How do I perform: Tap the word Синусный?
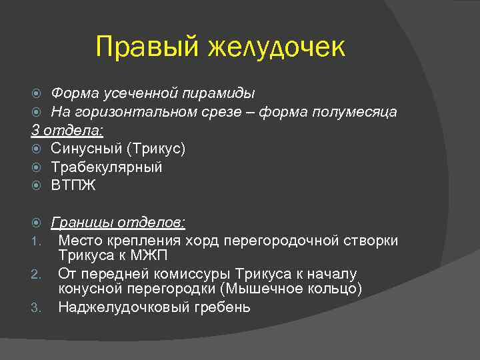coord(84,148)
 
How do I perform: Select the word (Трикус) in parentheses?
coord(153,148)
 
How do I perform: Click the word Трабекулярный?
coord(107,167)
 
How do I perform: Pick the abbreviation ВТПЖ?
coord(73,185)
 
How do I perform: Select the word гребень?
coord(222,307)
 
